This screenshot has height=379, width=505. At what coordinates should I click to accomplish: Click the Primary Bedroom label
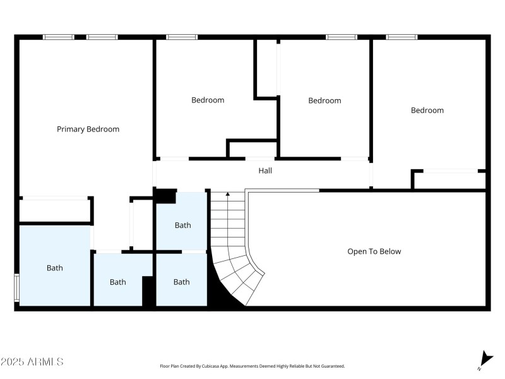88,129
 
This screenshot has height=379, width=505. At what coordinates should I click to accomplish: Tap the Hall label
265,171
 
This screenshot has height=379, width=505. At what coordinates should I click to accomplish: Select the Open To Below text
374,251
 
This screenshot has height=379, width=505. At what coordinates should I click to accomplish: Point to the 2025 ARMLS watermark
32,361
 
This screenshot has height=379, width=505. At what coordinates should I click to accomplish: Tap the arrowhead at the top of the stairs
228,194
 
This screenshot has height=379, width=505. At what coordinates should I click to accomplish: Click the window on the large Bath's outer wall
17,288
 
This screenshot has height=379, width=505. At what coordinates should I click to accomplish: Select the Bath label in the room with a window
55,268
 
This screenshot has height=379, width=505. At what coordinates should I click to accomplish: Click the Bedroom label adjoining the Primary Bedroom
208,100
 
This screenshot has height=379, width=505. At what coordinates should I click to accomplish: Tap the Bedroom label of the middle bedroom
324,100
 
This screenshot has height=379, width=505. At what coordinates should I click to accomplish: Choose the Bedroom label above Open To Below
427,110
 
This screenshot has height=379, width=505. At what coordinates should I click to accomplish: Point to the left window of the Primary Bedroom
59,37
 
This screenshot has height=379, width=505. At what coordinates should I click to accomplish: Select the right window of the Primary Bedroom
102,37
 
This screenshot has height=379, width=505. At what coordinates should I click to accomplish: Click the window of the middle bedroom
342,37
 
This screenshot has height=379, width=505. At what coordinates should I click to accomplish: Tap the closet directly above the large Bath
55,211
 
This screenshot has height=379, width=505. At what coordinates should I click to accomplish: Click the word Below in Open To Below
390,251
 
